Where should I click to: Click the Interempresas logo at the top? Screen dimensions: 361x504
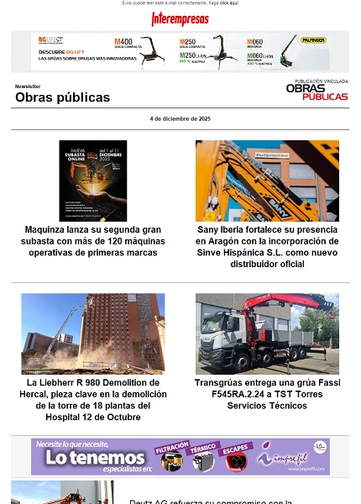coord(180,18)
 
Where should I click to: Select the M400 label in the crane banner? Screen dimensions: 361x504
coord(123,40)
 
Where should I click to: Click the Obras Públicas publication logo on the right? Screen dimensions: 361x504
coord(317,92)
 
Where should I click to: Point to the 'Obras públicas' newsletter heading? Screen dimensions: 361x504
coord(62,97)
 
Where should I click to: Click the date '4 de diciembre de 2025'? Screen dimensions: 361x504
coord(180,118)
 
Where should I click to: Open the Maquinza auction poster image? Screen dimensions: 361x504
coord(93,181)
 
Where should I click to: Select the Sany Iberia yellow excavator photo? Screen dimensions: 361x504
coord(267,181)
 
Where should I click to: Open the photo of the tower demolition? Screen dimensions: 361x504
coord(93,333)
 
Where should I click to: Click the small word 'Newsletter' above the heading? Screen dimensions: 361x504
coord(28,87)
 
